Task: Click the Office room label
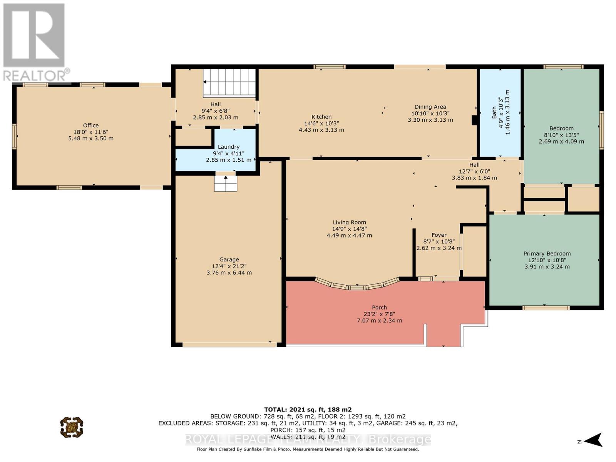[x=91, y=126]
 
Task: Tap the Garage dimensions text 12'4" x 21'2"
[x=229, y=266]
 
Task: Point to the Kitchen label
[x=321, y=117]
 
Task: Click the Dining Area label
[x=430, y=107]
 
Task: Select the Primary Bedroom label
[x=547, y=254]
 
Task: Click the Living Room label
[x=349, y=223]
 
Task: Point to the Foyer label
[x=439, y=235]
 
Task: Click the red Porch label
[x=379, y=308]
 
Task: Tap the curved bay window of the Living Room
[x=357, y=286]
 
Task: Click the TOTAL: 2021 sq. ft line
[x=308, y=410]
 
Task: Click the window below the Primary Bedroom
[x=546, y=308]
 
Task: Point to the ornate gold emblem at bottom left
[x=72, y=427]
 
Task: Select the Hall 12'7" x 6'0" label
[x=474, y=171]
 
